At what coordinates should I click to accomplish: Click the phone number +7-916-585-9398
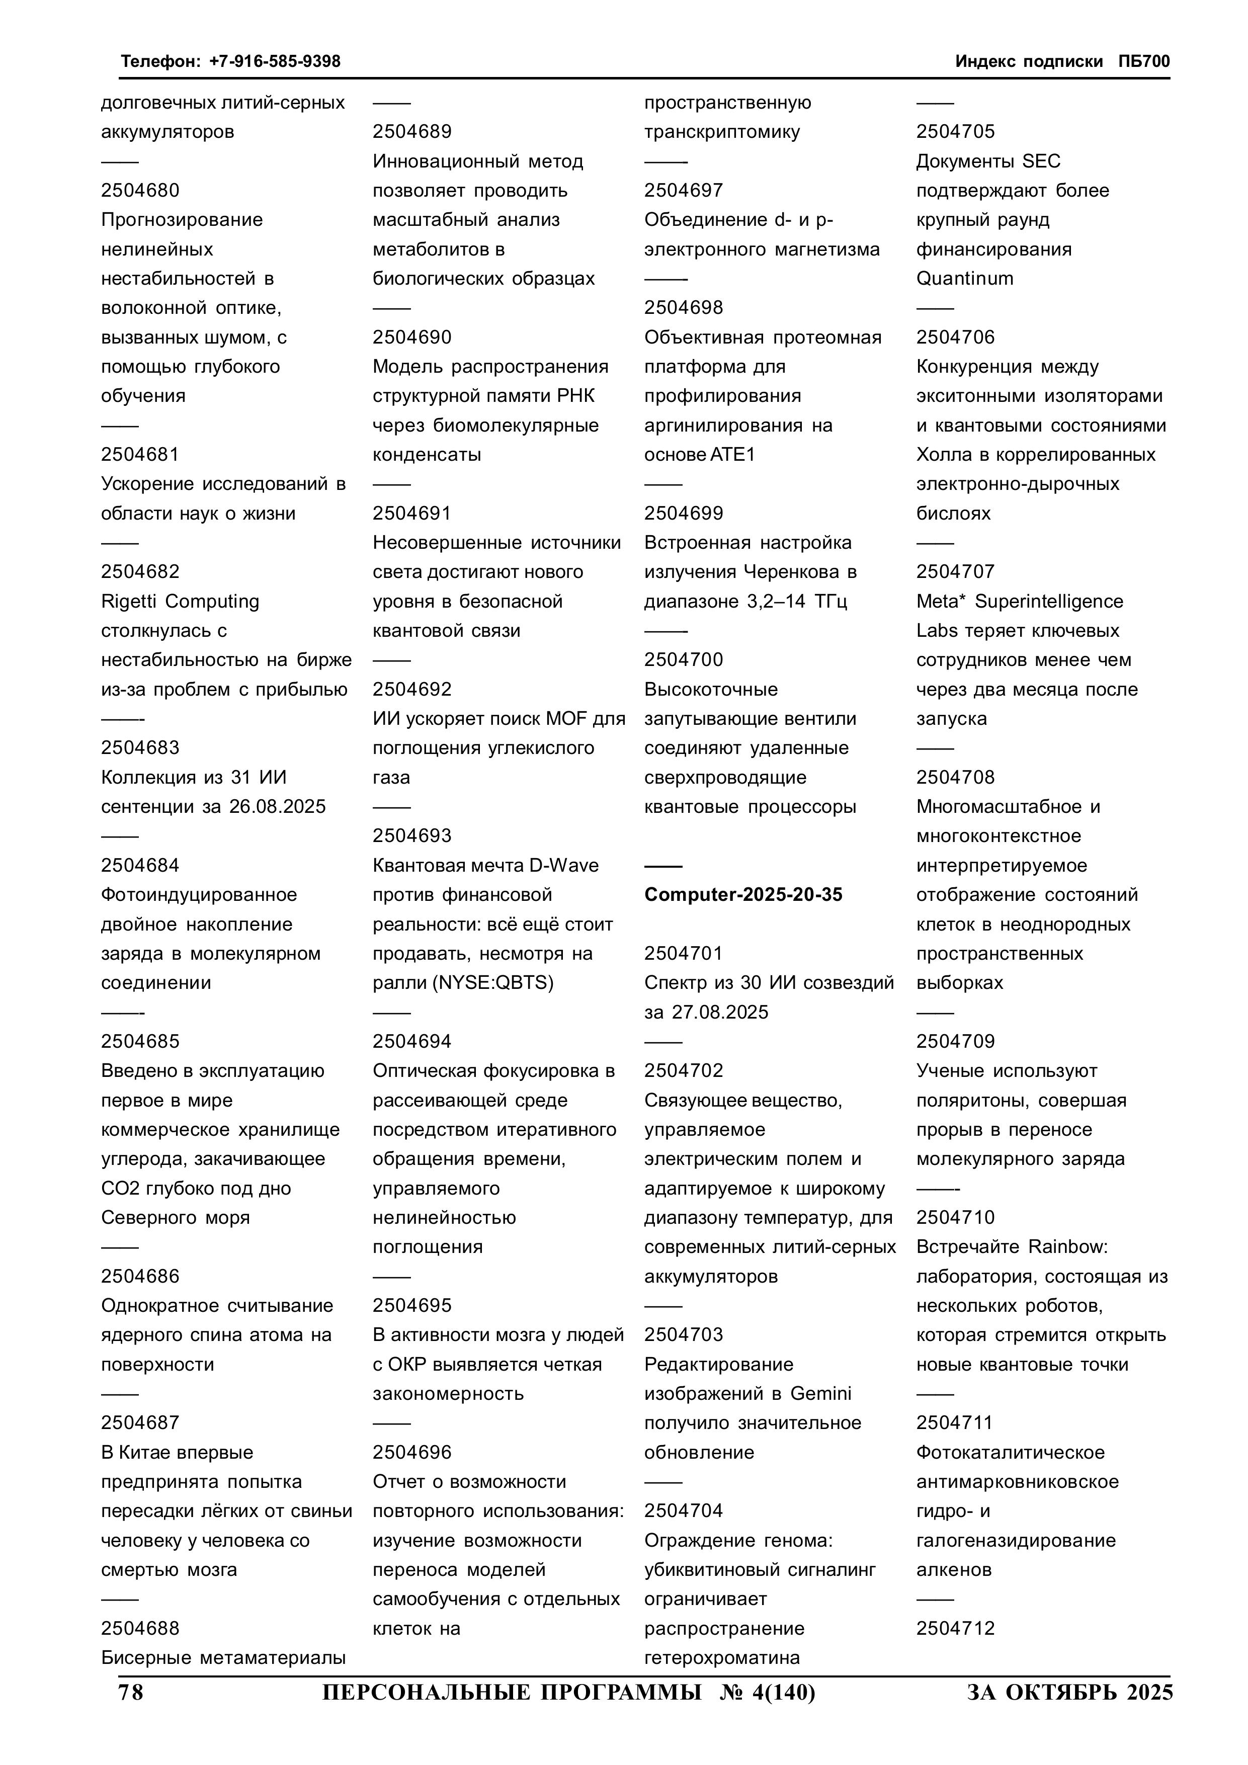[x=275, y=61]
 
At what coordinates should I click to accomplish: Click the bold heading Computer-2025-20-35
[x=743, y=895]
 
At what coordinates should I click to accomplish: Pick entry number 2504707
[x=955, y=571]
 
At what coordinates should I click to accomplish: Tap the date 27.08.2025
[x=720, y=1013]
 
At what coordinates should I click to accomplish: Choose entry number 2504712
[x=955, y=1628]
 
